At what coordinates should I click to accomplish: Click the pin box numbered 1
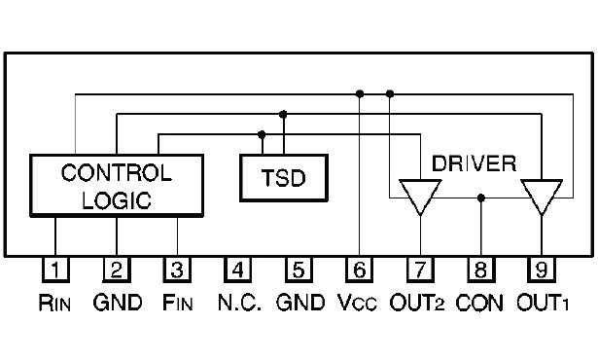pos(56,269)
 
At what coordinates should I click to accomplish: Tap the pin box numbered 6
pos(360,269)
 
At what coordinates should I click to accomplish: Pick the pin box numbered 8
pos(481,269)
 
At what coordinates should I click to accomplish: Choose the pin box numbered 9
pos(541,269)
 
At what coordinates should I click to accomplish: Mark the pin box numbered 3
pos(177,269)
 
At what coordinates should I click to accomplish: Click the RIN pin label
pos(56,303)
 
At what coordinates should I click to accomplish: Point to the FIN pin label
pos(178,303)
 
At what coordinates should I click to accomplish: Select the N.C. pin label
pos(239,303)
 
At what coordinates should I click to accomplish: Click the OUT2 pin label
pos(420,303)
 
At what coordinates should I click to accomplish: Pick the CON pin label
pos(480,303)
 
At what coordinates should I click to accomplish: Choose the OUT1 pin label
pos(542,303)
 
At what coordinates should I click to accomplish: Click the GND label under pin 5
pos(300,303)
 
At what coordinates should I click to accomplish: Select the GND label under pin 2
pos(118,303)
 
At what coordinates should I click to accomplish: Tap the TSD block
pos(283,179)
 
